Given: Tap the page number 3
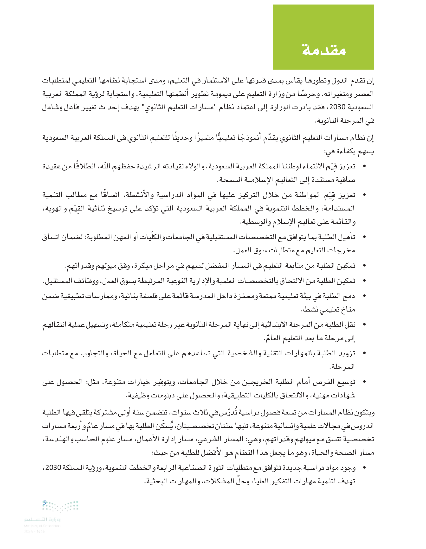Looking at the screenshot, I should [x=44, y=502].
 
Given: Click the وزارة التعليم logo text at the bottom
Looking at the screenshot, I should [x=42, y=519].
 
